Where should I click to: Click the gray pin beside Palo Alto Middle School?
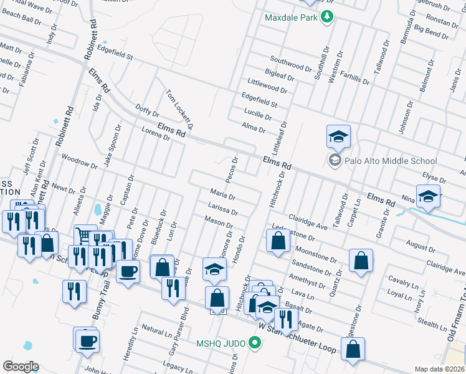(x=335, y=161)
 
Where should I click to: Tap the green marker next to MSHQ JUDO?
(x=254, y=342)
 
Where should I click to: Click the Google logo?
(x=21, y=367)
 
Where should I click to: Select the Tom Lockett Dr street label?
(x=179, y=109)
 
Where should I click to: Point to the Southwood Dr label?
(x=291, y=63)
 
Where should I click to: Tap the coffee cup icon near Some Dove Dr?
(x=128, y=271)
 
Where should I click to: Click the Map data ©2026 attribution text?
(x=439, y=369)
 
